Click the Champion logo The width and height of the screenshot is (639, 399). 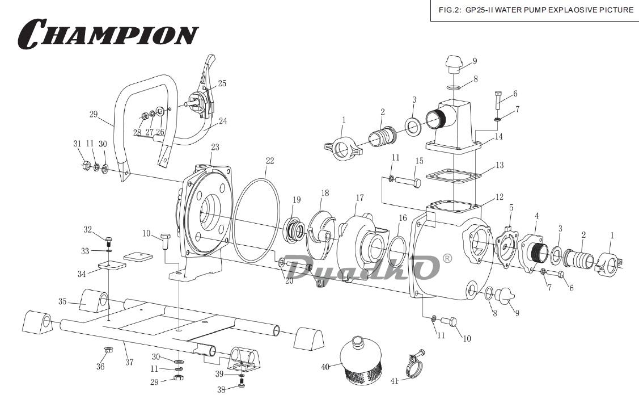click(108, 33)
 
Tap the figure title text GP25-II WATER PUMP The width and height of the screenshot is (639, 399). click(536, 10)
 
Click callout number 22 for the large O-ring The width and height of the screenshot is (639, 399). click(269, 161)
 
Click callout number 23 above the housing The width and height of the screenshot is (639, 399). click(215, 148)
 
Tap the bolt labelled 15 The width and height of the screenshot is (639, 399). click(407, 182)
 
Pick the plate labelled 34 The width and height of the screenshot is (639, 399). click(110, 266)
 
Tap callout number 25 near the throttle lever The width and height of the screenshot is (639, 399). click(222, 83)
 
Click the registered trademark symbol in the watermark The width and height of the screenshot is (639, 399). click(447, 258)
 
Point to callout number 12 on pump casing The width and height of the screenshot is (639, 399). click(499, 198)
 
